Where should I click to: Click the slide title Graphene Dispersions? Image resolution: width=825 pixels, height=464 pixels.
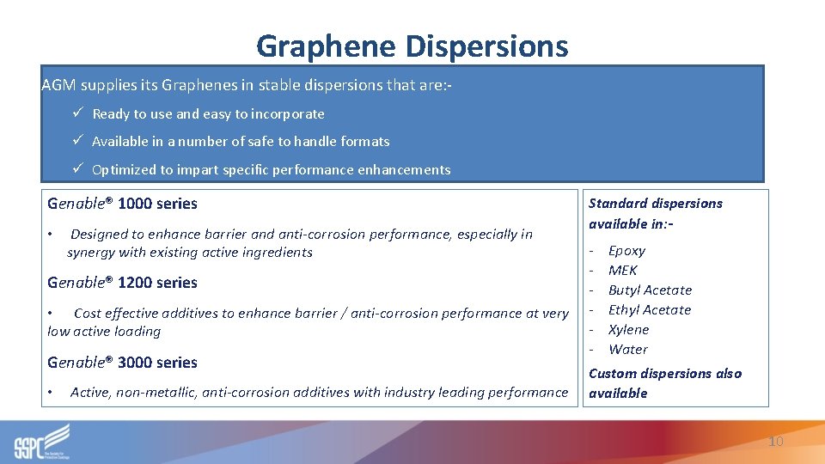point(412,46)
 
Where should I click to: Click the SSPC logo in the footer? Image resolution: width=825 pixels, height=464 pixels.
point(42,442)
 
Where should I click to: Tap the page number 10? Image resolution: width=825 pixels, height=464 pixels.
point(775,441)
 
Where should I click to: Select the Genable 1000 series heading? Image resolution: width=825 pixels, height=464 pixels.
point(122,204)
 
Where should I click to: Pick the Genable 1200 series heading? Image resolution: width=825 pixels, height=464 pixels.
point(122,283)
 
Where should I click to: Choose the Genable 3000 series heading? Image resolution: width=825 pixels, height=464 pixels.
point(122,363)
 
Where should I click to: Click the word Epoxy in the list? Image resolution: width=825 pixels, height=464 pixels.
point(626,251)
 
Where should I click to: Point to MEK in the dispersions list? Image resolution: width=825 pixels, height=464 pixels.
point(622,271)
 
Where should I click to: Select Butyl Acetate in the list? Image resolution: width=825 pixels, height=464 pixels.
point(650,290)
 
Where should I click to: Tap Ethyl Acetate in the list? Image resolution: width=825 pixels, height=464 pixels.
point(649,310)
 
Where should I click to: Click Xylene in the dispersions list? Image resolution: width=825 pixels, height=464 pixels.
point(628,330)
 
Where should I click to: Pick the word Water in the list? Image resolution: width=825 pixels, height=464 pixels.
point(627,350)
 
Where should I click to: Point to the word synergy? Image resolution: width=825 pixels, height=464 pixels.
point(92,253)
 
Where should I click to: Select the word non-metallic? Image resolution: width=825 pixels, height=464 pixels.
point(155,393)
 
